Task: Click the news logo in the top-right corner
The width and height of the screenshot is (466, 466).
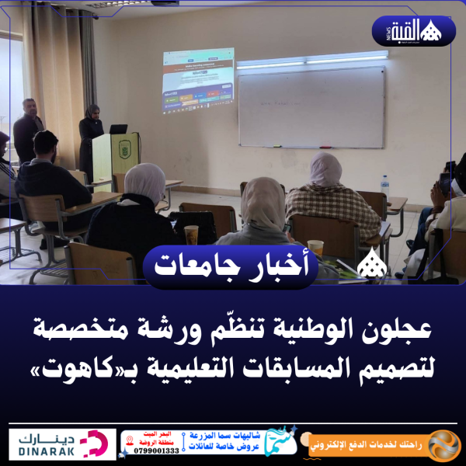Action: coord(424,31)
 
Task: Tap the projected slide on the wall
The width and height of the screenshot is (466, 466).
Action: coord(199,82)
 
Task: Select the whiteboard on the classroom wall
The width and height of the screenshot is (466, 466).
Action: coord(311,106)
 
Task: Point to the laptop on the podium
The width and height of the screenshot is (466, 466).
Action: coord(118,129)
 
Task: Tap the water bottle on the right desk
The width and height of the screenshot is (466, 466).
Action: coord(384,185)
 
